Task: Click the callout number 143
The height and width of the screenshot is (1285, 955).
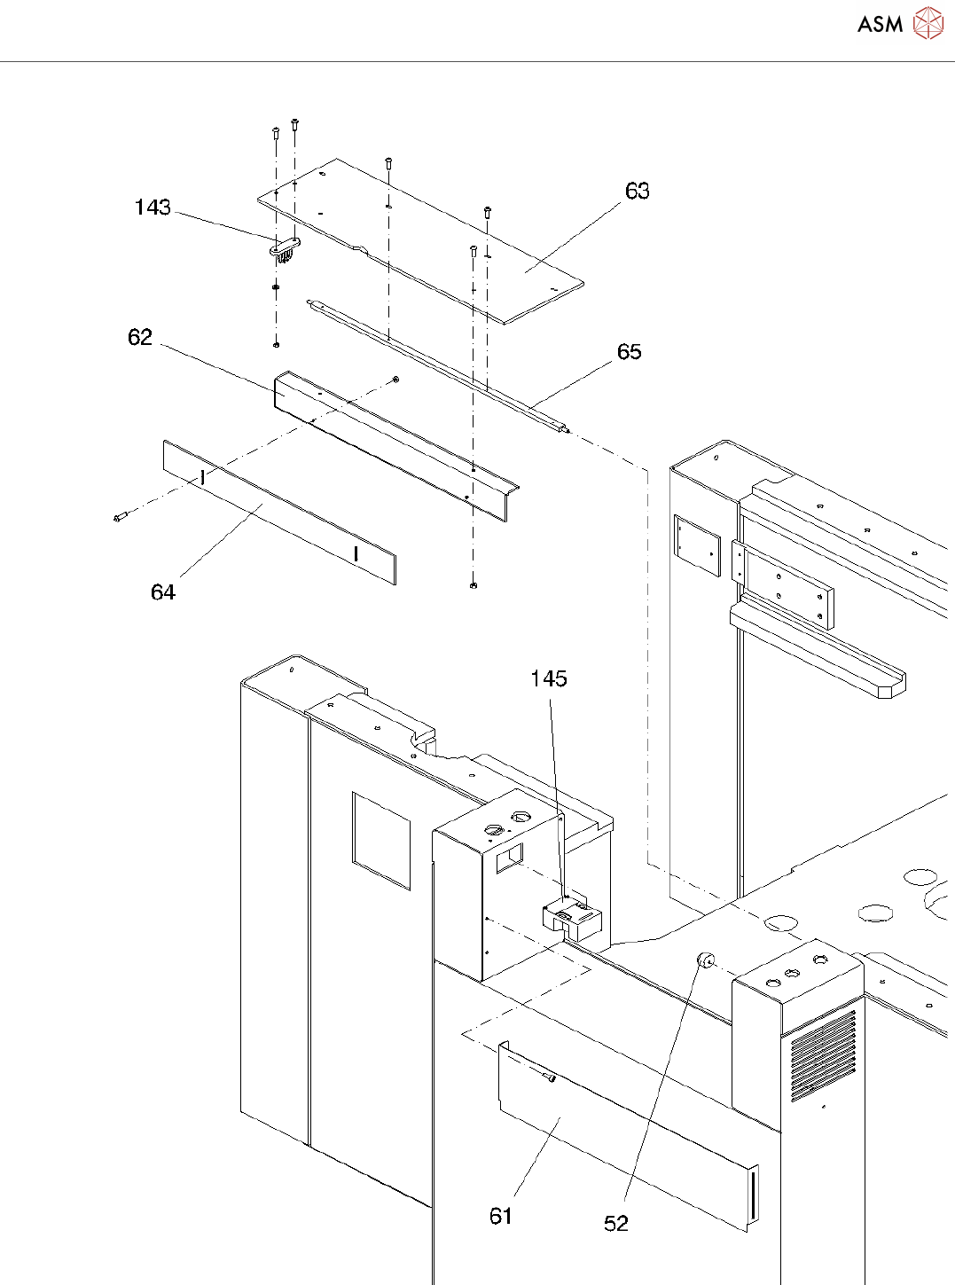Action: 153,208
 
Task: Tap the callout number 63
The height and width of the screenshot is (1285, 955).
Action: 637,191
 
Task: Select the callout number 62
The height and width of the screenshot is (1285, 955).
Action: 139,337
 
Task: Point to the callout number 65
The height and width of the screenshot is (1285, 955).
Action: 629,352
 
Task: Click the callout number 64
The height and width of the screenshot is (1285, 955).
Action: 163,592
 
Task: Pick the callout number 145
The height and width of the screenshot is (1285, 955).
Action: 549,678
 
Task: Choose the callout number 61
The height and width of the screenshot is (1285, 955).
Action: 501,1216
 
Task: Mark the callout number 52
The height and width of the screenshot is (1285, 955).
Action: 616,1224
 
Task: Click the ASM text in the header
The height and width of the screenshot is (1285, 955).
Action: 880,24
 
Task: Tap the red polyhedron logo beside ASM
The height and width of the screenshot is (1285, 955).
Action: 928,23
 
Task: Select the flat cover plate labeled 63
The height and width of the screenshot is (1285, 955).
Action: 420,240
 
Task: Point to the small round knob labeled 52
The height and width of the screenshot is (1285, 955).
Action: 706,961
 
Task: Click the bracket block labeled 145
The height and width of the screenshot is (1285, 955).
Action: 571,919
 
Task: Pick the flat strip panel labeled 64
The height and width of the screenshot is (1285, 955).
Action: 280,513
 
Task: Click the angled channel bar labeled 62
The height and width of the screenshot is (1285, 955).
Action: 396,446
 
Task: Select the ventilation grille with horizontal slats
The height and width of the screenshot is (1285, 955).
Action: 823,1055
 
